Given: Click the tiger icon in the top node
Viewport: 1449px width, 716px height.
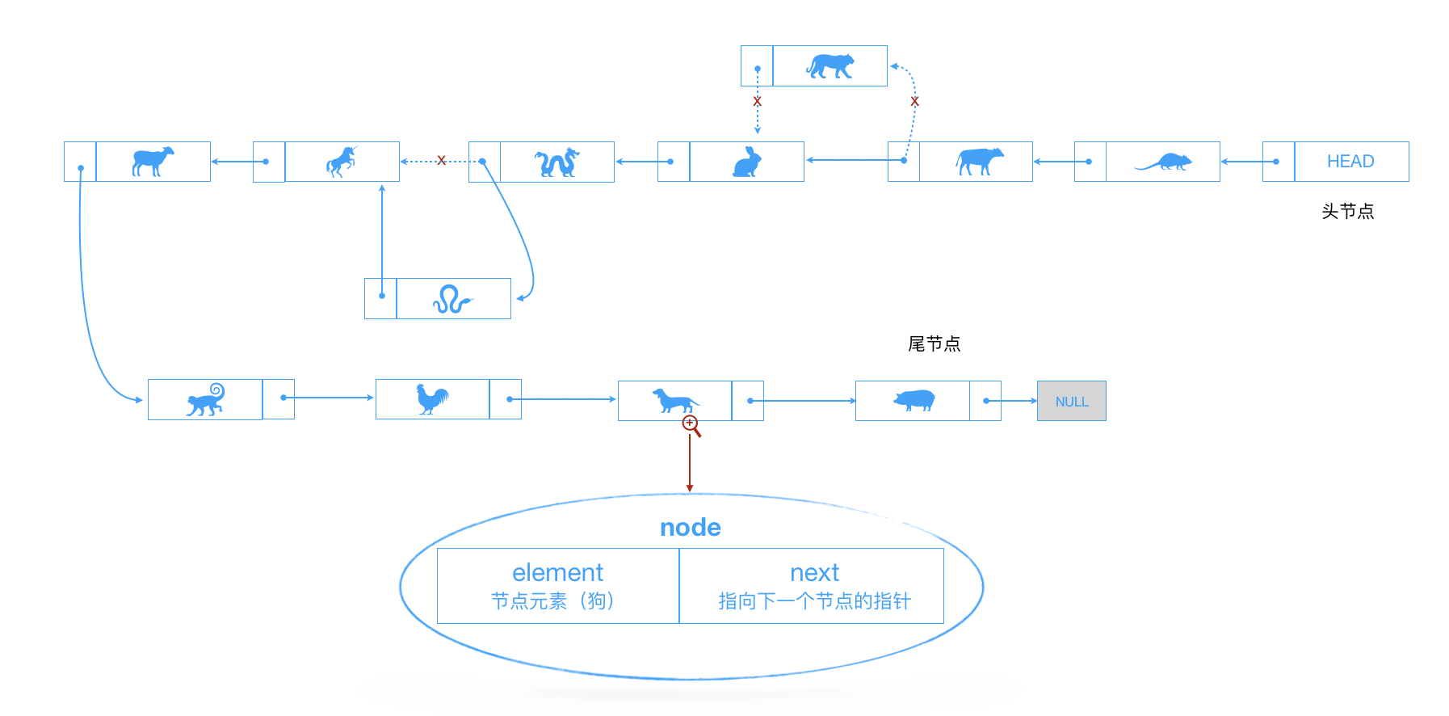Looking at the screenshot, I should (x=829, y=66).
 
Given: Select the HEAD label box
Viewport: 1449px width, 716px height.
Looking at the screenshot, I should (x=1350, y=162).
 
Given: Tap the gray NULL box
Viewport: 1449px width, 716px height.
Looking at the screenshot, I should (x=1071, y=402).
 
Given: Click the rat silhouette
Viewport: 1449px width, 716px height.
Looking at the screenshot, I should (x=1163, y=162).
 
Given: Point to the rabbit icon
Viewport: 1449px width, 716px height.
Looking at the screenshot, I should (x=747, y=162).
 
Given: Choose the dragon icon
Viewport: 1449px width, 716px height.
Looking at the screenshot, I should (x=556, y=162).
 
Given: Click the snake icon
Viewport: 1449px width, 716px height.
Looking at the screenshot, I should (x=451, y=300).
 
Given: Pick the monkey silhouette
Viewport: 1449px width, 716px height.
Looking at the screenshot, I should (x=206, y=400).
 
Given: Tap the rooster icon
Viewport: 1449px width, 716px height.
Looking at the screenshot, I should (x=432, y=399).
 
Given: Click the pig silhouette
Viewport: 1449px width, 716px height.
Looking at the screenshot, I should (x=913, y=400).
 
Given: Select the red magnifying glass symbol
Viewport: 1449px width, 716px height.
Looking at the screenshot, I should (x=691, y=425).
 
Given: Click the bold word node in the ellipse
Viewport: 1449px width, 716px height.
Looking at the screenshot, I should (x=690, y=528).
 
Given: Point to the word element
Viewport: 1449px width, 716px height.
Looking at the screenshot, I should (x=557, y=573).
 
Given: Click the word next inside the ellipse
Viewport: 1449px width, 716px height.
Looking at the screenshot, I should (x=814, y=573).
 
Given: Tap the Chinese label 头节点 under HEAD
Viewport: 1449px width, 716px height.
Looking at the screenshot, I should (x=1347, y=212).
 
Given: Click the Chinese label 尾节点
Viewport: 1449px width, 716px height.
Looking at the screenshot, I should (x=934, y=344).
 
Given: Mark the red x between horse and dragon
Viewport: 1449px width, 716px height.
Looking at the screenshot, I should (x=441, y=161).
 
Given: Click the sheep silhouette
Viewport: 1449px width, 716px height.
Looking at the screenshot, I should (x=153, y=161).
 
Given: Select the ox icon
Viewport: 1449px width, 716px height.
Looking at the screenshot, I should (x=979, y=161).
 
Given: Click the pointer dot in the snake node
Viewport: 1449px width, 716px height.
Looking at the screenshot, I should (x=382, y=296).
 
